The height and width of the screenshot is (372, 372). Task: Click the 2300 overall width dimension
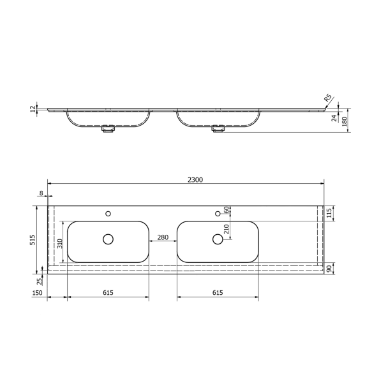195,180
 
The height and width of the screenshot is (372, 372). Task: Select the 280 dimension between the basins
162,237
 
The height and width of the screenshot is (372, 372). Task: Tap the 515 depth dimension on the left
40,241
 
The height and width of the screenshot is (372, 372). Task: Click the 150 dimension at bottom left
38,293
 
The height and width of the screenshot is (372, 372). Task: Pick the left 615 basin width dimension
108,293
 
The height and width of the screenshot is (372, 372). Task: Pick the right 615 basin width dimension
217,293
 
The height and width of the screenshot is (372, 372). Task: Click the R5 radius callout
328,98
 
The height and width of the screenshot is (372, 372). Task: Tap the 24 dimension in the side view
334,117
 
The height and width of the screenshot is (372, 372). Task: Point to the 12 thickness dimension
33,109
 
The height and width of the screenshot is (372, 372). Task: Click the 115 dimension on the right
329,213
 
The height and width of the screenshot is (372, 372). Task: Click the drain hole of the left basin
108,239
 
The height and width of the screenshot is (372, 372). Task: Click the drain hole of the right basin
218,239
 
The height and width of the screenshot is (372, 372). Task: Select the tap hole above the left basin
108,213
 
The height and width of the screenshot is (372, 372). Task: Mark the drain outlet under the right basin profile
218,128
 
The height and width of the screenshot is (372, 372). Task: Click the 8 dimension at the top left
41,193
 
